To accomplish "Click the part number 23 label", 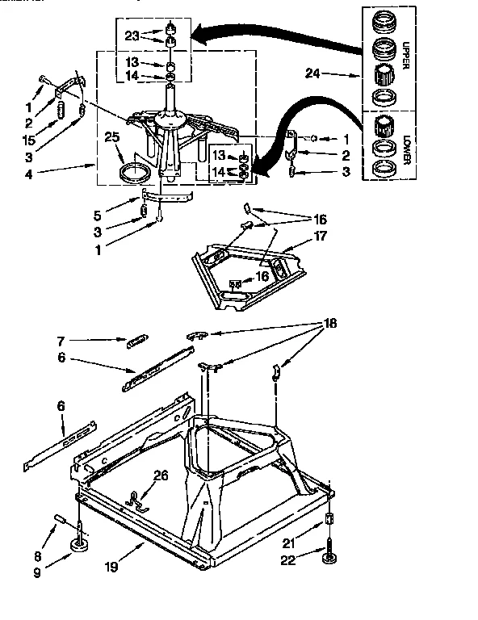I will (x=132, y=35).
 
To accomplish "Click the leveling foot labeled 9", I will (x=81, y=548).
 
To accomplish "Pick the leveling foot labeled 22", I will (x=329, y=559).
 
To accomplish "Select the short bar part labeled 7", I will (x=137, y=341).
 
